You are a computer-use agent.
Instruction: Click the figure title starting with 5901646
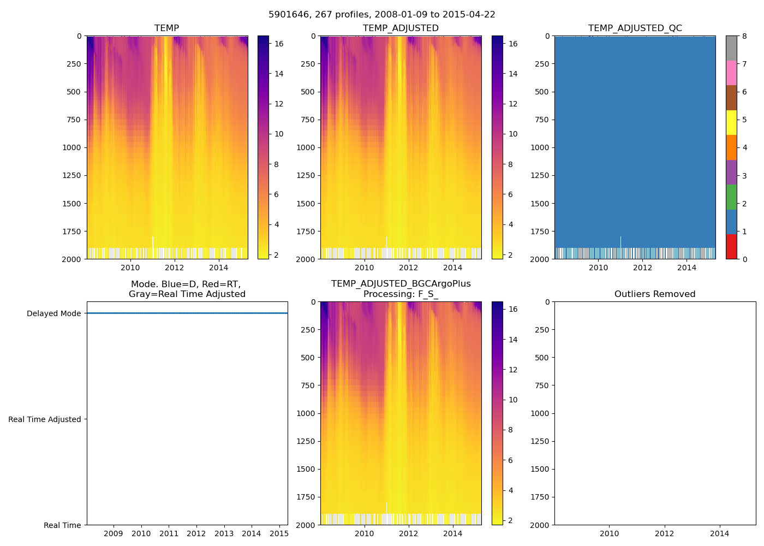coord(381,15)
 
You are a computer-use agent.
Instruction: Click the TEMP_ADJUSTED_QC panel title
coord(635,28)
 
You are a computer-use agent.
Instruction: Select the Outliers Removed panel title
coord(654,294)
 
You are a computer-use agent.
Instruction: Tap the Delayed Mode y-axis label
coord(53,313)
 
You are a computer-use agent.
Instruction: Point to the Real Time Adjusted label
coord(44,419)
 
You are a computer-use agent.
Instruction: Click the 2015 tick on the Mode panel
coord(279,533)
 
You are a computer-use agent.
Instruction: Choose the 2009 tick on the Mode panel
coord(113,533)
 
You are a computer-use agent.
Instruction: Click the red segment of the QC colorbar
coord(731,246)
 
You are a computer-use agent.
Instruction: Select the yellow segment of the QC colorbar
coord(731,122)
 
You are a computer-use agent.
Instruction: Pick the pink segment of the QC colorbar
coord(731,73)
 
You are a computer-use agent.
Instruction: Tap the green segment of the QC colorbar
coord(731,197)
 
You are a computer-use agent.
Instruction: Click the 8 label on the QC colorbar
coord(744,36)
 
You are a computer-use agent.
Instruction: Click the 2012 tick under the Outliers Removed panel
coord(664,533)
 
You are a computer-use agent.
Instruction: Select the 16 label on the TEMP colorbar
coord(278,44)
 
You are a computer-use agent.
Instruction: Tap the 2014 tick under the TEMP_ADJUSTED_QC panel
coord(687,268)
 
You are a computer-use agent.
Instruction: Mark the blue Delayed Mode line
coord(187,313)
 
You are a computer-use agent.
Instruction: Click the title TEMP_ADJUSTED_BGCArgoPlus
coord(401,284)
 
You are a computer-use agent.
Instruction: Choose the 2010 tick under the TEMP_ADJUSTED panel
coord(364,268)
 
